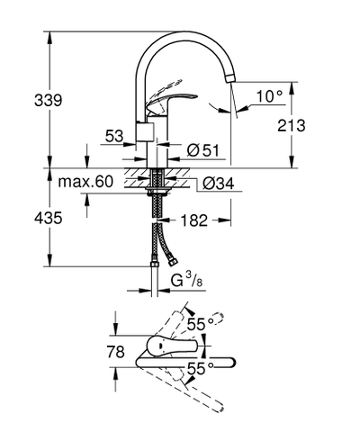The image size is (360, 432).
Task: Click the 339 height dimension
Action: tap(23, 99)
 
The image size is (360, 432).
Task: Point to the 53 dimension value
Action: tap(114, 135)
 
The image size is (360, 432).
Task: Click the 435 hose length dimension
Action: tap(23, 219)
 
